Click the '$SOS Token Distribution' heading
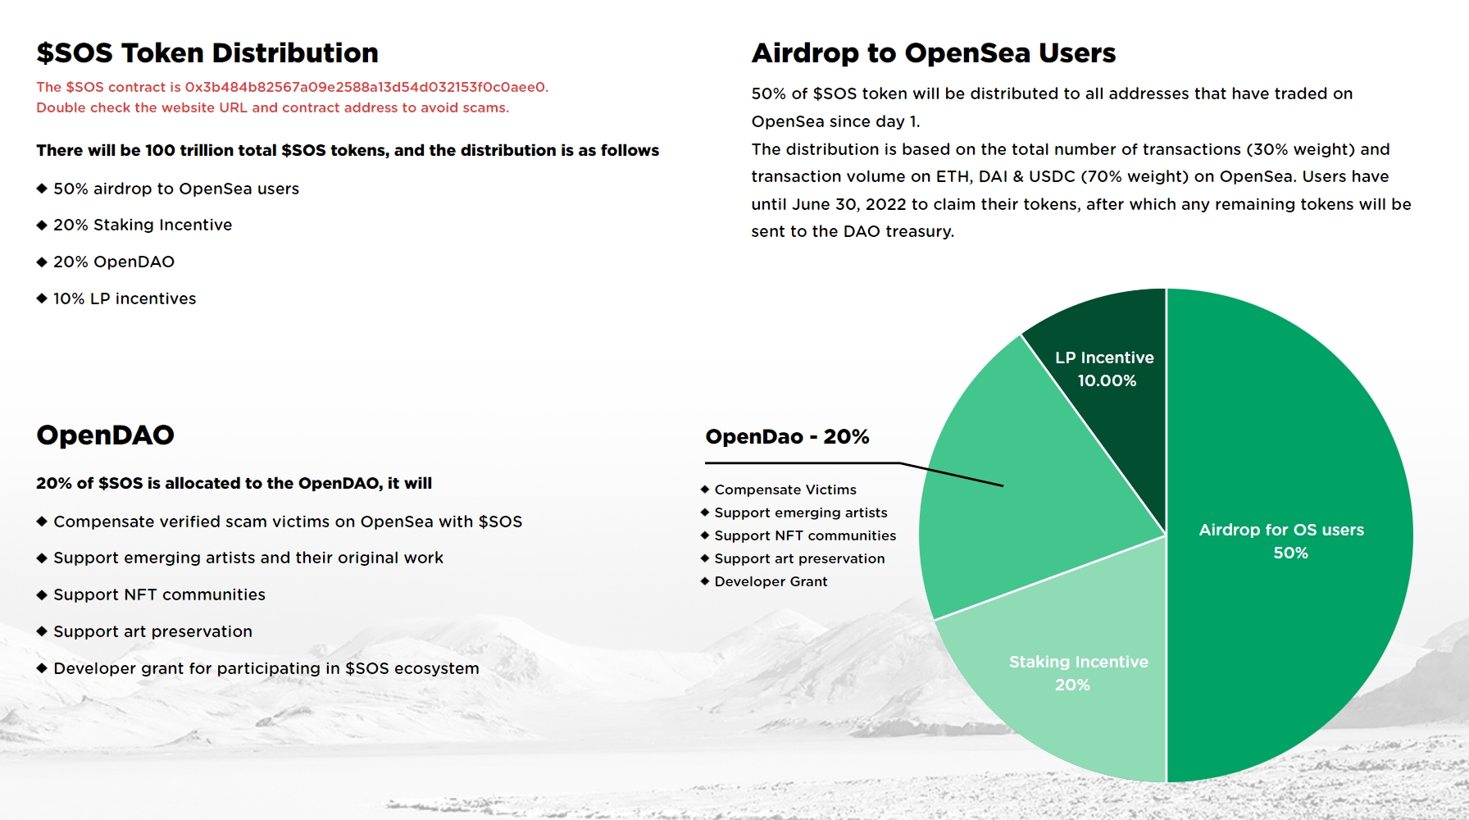tap(207, 53)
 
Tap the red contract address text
tap(365, 87)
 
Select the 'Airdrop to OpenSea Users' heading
tap(934, 53)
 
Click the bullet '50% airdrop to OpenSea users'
tap(175, 189)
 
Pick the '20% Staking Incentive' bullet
tap(143, 225)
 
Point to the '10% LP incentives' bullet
tap(125, 298)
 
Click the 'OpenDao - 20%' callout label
tap(787, 436)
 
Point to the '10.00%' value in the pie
tap(1107, 380)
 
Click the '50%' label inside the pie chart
tap(1290, 553)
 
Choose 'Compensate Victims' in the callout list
tap(785, 490)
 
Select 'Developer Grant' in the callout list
tap(771, 581)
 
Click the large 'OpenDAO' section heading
tap(106, 435)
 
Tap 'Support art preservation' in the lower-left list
tap(152, 631)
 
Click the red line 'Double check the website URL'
tap(272, 107)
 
